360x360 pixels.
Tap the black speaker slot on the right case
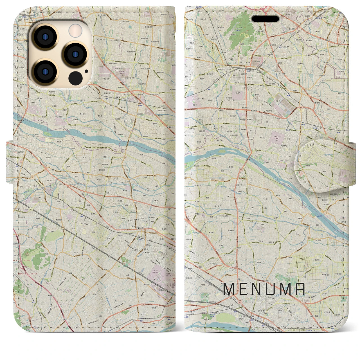[265, 19]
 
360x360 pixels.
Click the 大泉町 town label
[285, 146]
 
